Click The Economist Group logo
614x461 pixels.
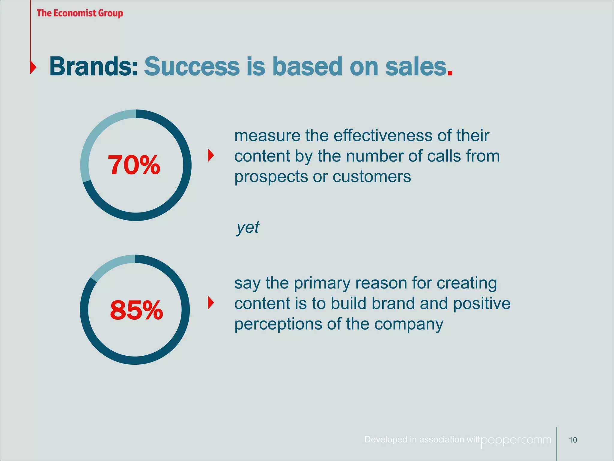click(80, 13)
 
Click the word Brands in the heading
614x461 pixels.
click(93, 67)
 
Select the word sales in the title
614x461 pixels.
click(416, 67)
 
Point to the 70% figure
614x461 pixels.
click(134, 165)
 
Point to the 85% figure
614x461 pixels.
click(136, 310)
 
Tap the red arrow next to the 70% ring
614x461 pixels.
click(211, 155)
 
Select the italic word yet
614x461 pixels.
click(248, 227)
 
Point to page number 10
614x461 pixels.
click(573, 440)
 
